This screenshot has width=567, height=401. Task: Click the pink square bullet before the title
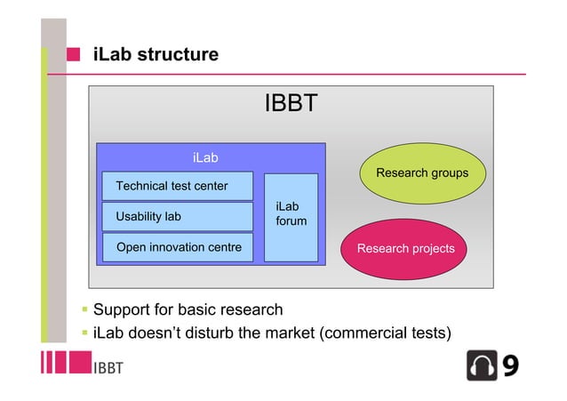point(75,55)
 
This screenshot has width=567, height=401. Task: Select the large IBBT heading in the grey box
point(291,105)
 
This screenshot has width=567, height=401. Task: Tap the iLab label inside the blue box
point(205,157)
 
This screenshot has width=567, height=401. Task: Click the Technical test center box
point(177,186)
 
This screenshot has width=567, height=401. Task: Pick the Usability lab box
point(177,216)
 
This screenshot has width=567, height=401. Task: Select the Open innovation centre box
point(177,247)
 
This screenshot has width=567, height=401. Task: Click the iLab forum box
point(291,217)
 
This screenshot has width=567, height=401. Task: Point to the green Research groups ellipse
point(422,172)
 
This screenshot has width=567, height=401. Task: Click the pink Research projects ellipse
point(405,248)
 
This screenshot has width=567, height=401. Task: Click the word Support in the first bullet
point(122,310)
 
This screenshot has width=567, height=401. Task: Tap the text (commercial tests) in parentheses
point(385,334)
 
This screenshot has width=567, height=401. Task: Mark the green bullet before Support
point(84,310)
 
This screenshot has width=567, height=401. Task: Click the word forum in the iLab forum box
point(291,221)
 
